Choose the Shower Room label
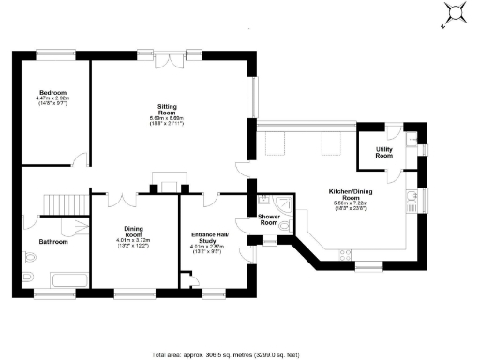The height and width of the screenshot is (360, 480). [269, 219]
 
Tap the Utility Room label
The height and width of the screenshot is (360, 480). [384, 152]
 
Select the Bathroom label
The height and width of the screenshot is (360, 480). [52, 242]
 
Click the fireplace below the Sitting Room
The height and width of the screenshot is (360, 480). [169, 183]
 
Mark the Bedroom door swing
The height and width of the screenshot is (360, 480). [81, 161]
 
